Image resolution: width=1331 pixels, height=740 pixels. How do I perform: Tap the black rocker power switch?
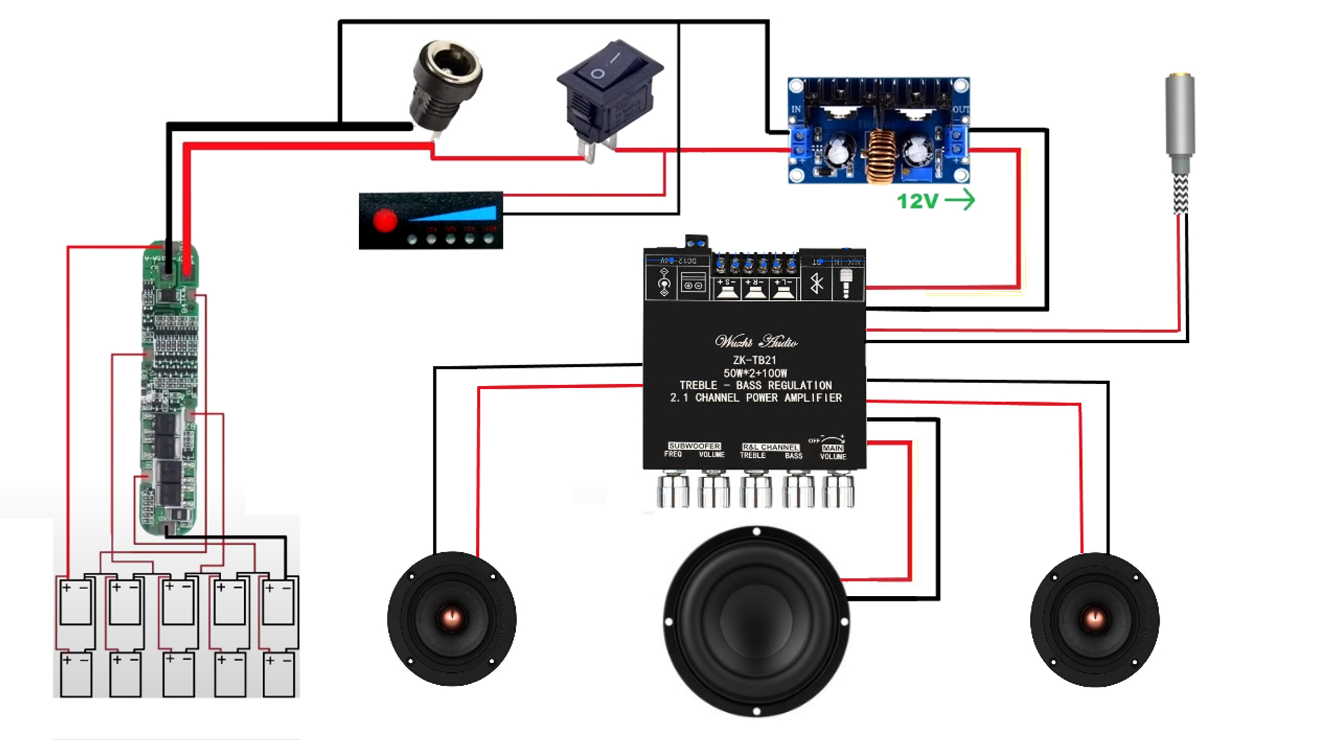point(609,90)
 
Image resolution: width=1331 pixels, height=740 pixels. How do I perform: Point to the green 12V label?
point(916,202)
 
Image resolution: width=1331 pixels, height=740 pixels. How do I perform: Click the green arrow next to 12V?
point(960,200)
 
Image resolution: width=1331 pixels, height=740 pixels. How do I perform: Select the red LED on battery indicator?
point(385,220)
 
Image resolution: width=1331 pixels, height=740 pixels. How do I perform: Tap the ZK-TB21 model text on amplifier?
point(754,360)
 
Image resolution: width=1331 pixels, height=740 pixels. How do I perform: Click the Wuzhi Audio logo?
point(756,342)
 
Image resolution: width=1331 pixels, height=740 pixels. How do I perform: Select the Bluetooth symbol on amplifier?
point(817,283)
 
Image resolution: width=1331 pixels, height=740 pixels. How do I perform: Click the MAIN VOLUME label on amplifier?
point(833,452)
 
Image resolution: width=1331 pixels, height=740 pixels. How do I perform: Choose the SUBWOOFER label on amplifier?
point(694,446)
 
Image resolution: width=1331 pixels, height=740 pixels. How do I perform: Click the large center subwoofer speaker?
point(756,621)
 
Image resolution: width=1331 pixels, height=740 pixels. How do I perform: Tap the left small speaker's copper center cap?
point(451,617)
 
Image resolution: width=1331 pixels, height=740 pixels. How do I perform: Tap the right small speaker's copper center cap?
point(1095,617)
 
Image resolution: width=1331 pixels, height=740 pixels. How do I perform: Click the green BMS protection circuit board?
point(170,388)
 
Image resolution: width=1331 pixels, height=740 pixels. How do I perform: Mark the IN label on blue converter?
point(796,109)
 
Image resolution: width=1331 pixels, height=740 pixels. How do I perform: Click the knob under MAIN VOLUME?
point(837,490)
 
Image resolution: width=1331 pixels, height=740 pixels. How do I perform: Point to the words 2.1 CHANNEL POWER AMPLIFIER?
point(756,398)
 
